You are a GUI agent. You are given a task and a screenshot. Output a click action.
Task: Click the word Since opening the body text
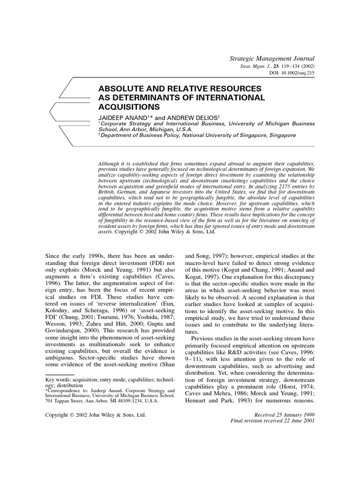[x=53, y=256]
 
